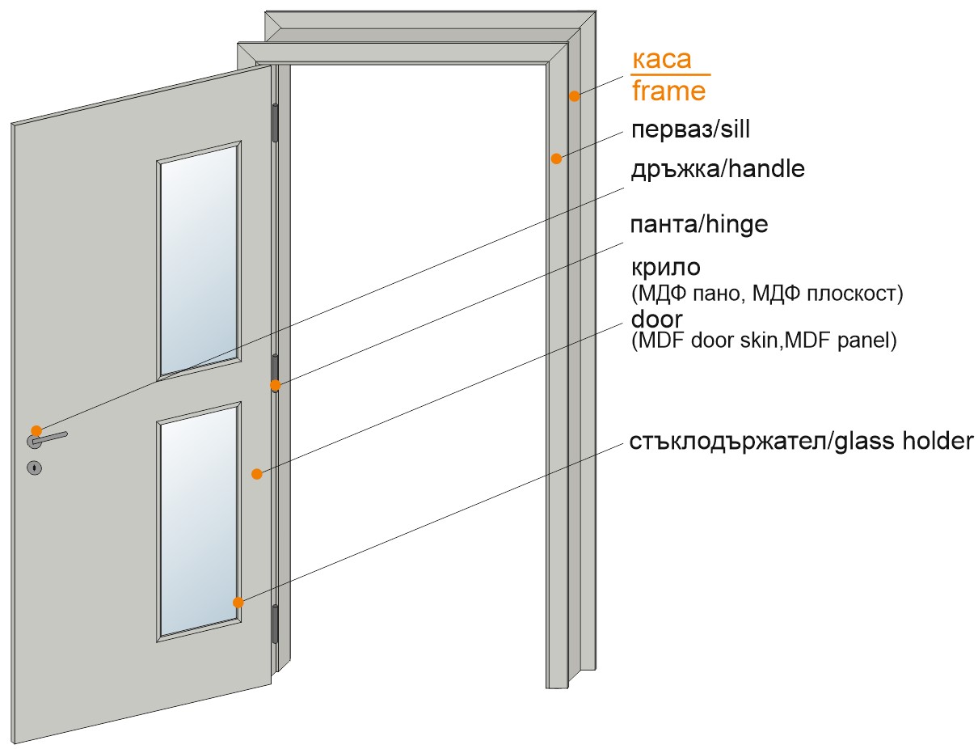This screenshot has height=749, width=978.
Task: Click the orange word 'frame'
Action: click(x=668, y=91)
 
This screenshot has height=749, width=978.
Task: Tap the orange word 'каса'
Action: click(x=662, y=59)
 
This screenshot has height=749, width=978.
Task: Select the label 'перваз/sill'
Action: click(x=690, y=129)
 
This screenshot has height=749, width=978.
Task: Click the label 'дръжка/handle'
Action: click(x=718, y=169)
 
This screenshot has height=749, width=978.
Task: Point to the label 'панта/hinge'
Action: click(x=698, y=224)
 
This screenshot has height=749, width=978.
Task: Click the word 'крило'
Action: click(x=666, y=268)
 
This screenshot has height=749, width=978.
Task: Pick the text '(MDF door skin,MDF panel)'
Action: click(x=764, y=341)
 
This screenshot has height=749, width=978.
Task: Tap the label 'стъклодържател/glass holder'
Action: click(x=801, y=442)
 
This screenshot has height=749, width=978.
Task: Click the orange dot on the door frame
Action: click(x=575, y=96)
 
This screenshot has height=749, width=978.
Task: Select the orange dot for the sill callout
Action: click(x=556, y=159)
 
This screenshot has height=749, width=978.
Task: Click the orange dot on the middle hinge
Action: click(x=276, y=385)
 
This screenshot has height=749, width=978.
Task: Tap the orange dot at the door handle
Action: click(x=36, y=430)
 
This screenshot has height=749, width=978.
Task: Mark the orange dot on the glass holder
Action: click(x=238, y=603)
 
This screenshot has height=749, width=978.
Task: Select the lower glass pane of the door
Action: click(x=199, y=521)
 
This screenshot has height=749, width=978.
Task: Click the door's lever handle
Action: click(x=47, y=439)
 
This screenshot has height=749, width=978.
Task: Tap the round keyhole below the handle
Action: click(x=34, y=468)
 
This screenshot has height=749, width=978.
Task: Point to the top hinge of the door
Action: click(x=275, y=123)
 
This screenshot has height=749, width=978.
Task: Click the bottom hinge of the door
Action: click(x=275, y=624)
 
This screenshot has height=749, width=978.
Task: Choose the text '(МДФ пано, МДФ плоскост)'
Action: click(x=767, y=294)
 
